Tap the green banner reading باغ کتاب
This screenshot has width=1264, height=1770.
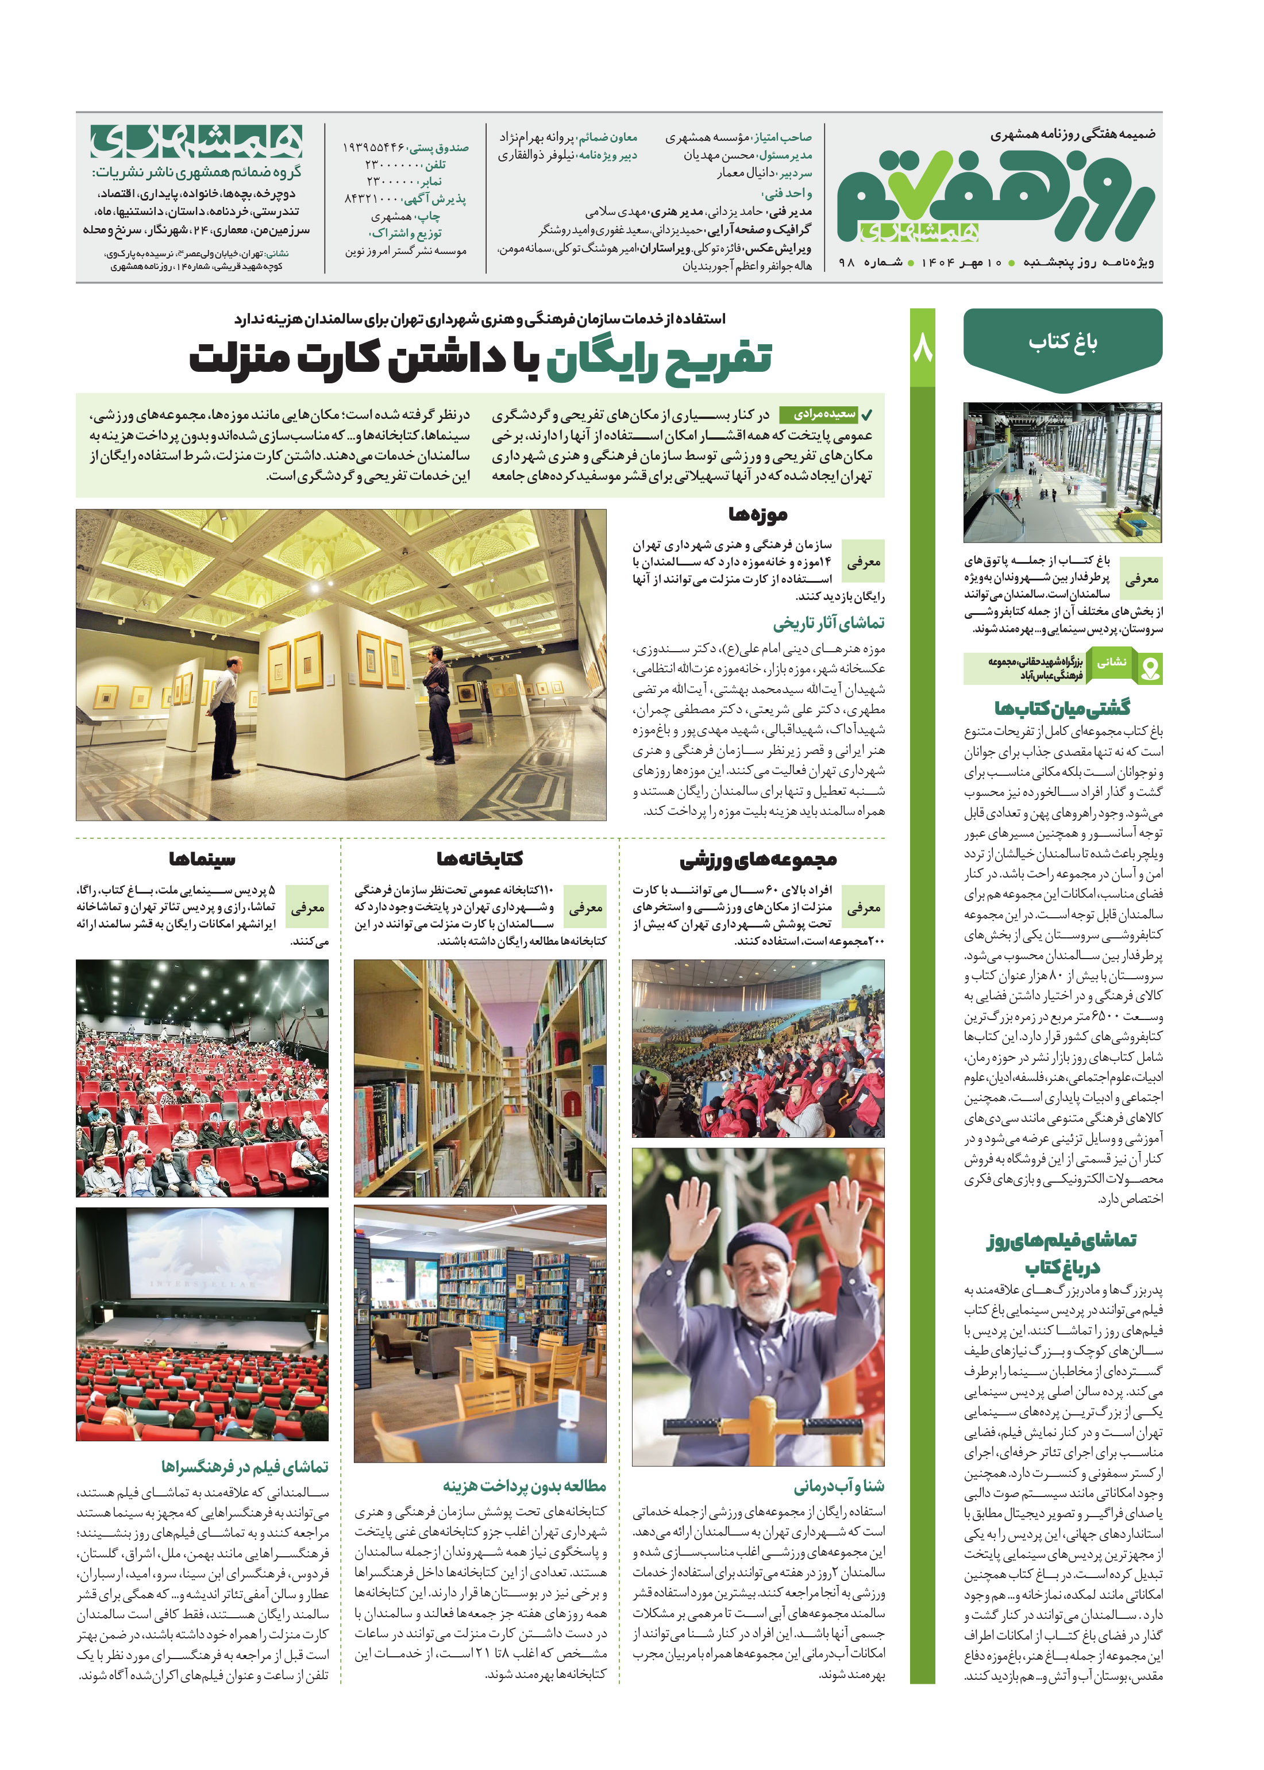[x=1062, y=343]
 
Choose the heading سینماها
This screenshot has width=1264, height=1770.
[x=202, y=859]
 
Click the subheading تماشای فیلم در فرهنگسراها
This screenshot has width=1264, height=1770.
[x=245, y=1467]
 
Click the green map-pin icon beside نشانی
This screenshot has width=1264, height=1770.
[x=1150, y=668]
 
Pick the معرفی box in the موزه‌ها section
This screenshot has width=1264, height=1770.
[x=863, y=562]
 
